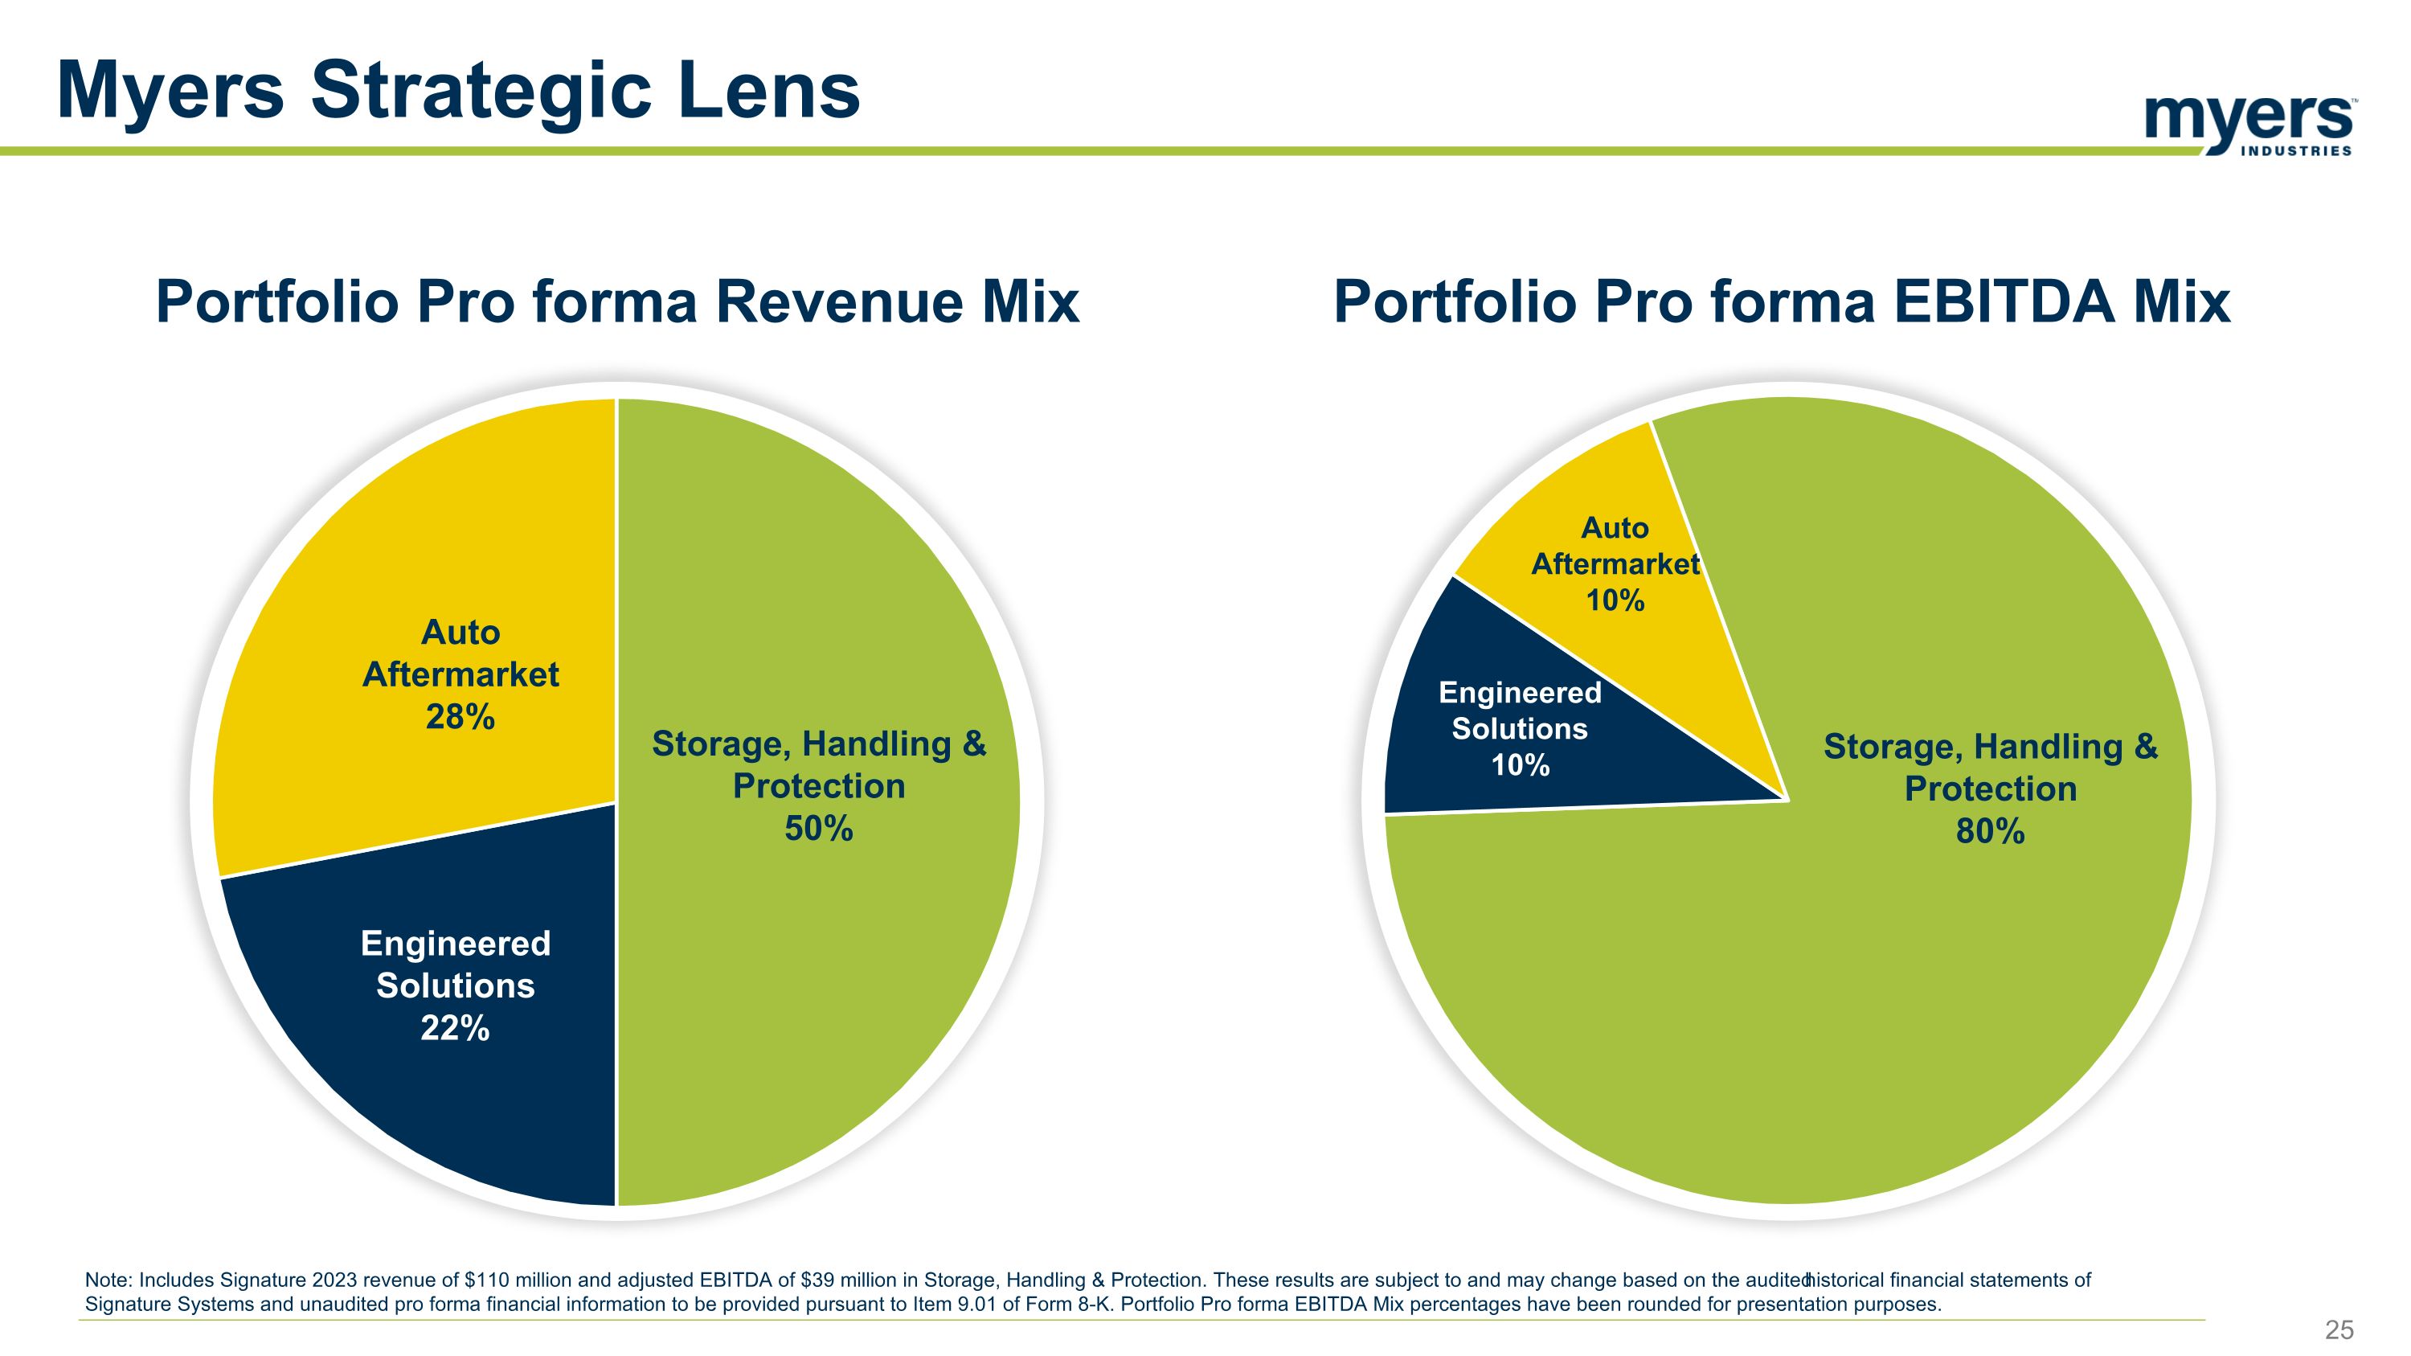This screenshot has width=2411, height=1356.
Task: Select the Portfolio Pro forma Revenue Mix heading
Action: [616, 301]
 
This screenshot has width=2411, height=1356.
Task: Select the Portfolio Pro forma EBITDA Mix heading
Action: [1781, 301]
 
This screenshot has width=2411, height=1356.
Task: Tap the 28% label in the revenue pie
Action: [460, 717]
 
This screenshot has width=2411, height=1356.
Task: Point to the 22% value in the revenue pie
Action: [455, 1029]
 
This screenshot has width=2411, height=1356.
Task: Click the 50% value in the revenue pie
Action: [818, 828]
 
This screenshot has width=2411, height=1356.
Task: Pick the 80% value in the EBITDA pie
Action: [1990, 831]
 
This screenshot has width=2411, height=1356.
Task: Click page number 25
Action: [2339, 1329]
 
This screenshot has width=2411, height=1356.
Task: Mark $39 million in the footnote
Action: [848, 1280]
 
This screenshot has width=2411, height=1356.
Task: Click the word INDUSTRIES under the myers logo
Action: [2295, 150]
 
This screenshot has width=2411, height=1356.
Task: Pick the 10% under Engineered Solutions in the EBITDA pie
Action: [1520, 765]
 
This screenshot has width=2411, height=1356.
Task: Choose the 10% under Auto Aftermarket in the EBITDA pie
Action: [1615, 600]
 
